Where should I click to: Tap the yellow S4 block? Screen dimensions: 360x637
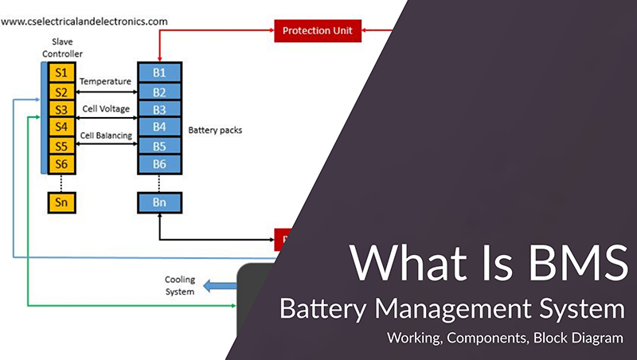60,127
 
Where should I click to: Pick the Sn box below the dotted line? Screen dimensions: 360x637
60,202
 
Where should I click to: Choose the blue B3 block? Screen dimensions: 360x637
159,109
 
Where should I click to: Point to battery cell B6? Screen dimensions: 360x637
159,163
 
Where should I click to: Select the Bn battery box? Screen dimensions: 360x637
159,202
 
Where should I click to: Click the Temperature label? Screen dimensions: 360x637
105,81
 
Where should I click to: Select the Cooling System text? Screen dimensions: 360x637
179,286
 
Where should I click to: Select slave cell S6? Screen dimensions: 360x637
60,163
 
